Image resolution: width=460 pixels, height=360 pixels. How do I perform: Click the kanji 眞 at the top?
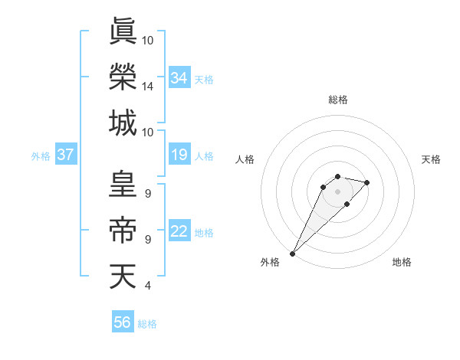pos(123,31)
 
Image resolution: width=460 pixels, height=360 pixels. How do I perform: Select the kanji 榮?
pos(123,76)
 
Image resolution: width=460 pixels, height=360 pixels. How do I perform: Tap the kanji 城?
pos(123,123)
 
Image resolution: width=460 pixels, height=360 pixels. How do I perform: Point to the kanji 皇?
pos(123,185)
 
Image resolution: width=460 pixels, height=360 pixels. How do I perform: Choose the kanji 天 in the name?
pos(123,277)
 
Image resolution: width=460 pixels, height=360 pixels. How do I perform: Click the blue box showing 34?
pos(179,78)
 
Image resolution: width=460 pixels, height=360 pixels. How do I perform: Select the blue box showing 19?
pos(179,155)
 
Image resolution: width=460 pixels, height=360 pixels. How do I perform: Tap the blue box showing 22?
pos(179,232)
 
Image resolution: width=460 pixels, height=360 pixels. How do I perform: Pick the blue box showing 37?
pos(66,155)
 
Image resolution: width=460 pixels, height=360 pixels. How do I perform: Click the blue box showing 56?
pos(123,322)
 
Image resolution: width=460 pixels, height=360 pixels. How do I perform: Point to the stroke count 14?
pos(148,87)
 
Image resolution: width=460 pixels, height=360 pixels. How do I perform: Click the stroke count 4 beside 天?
pos(147,286)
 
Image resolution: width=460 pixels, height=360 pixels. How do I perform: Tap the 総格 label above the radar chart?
pos(338,100)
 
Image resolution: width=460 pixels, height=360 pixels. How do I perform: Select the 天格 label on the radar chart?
pos(432,159)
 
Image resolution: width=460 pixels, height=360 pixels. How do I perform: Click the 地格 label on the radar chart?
pos(402,262)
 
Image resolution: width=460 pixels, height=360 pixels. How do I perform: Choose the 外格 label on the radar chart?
pos(270,262)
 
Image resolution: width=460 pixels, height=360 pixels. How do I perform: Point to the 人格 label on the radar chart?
pos(245,159)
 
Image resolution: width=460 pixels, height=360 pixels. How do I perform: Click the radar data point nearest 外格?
pos(292,253)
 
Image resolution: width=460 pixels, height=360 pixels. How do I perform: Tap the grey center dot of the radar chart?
pos(338,191)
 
